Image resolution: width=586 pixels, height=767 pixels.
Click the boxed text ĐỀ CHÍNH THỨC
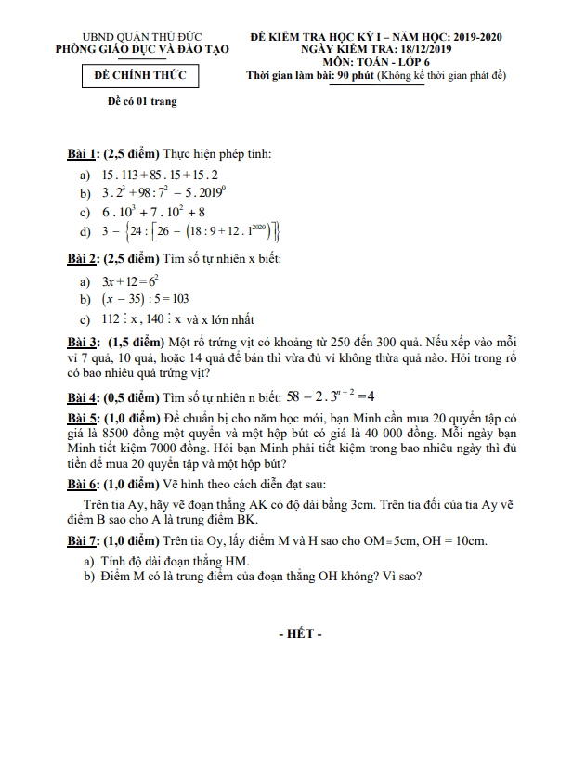click(141, 76)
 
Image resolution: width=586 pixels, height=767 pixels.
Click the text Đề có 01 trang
click(142, 102)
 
